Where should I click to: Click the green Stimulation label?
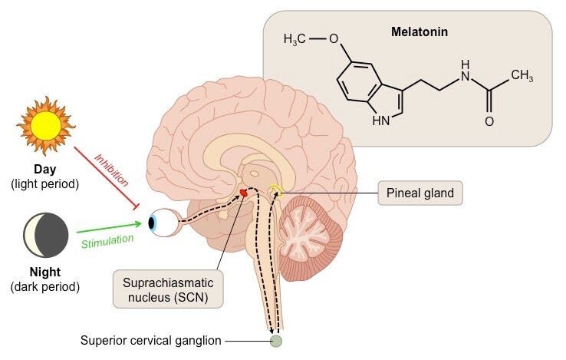[x=107, y=239]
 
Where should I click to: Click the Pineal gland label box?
[x=421, y=193]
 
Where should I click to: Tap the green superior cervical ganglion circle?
[x=275, y=340]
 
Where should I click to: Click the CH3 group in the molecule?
[x=522, y=74]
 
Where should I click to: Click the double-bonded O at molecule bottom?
[x=489, y=121]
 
